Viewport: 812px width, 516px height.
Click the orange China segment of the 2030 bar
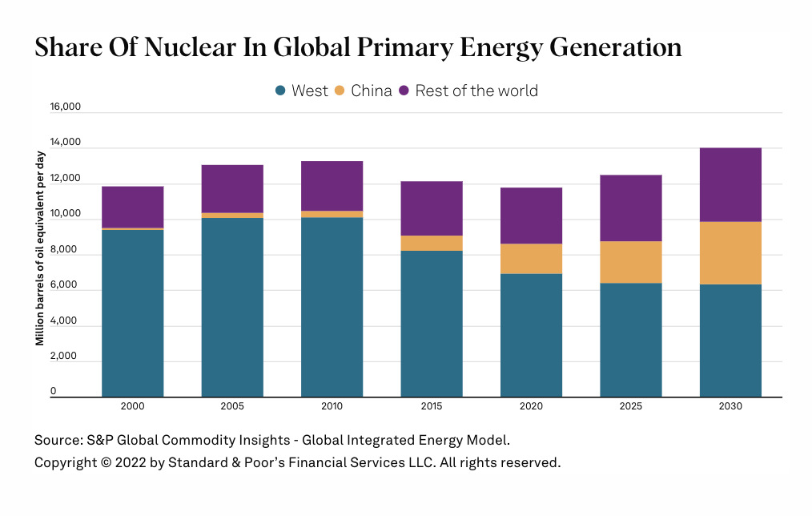tap(730, 252)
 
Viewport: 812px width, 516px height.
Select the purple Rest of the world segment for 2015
tap(432, 208)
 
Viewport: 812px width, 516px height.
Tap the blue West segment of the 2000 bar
tap(133, 312)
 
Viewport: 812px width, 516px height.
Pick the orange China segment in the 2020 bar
tap(531, 259)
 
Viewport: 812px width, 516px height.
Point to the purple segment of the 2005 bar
tap(232, 188)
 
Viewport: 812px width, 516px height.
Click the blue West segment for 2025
tap(631, 340)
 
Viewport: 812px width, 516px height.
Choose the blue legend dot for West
tap(280, 91)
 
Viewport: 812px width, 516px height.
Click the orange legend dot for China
tap(340, 91)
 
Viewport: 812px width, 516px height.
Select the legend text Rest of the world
tap(476, 91)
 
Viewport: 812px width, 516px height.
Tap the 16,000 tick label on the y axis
tap(66, 107)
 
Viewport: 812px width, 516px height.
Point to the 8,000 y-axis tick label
tap(67, 249)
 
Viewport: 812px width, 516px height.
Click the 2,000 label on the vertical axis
tap(67, 356)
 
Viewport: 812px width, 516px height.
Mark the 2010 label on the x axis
tap(332, 406)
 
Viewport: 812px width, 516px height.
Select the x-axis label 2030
tap(730, 406)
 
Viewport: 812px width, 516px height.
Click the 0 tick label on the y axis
tap(54, 391)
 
